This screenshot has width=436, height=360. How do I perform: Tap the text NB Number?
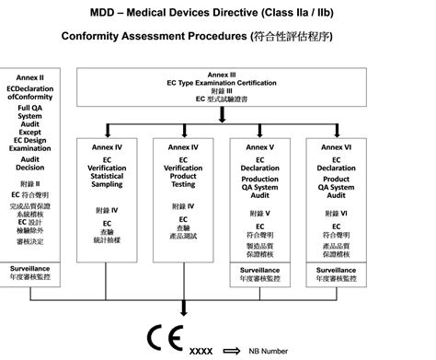coord(275,351)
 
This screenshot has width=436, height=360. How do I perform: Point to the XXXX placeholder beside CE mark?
coord(201,351)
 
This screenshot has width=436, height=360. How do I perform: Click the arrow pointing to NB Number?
coord(235,351)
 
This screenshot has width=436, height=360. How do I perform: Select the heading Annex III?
coord(222,74)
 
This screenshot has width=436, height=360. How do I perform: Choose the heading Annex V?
coord(259,146)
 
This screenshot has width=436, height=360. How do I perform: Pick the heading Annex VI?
coord(336,146)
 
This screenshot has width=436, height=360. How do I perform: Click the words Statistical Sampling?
coord(107,180)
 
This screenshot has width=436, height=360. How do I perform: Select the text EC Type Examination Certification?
coord(222,83)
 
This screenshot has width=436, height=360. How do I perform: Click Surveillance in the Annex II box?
coord(29,268)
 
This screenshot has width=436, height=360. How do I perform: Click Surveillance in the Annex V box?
coord(259,271)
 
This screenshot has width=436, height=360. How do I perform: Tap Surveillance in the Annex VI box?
coord(336,271)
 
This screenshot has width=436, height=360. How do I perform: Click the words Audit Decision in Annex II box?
coord(29,164)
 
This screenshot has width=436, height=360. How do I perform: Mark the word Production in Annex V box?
coord(259,179)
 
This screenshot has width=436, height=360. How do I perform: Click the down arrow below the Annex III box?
coord(222,114)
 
